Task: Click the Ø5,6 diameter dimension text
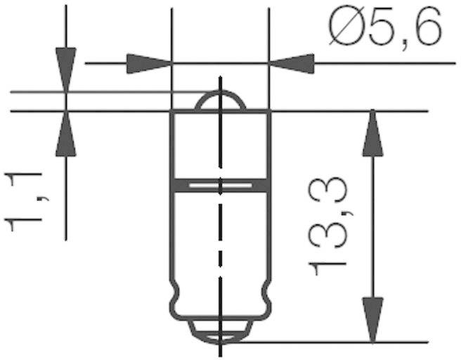coord(384,30)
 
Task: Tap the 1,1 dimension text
coord(24,201)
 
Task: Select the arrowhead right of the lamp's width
coord(292,63)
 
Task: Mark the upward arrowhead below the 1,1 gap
coord(65,134)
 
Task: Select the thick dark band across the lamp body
coord(221,185)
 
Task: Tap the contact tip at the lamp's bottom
coord(221,331)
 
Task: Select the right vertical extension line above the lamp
coord(270,35)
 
